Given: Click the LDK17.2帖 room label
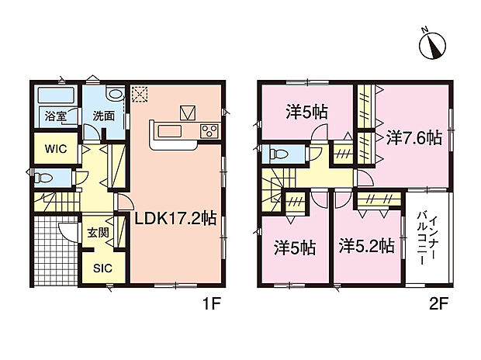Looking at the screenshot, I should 175,219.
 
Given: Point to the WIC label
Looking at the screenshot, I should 54,148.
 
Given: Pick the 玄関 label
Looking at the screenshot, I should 97,232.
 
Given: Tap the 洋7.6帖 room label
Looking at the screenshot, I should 414,138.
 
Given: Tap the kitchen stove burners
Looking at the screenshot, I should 209,131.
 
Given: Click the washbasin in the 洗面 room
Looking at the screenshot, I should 116,95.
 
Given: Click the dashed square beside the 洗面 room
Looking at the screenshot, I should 140,94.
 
